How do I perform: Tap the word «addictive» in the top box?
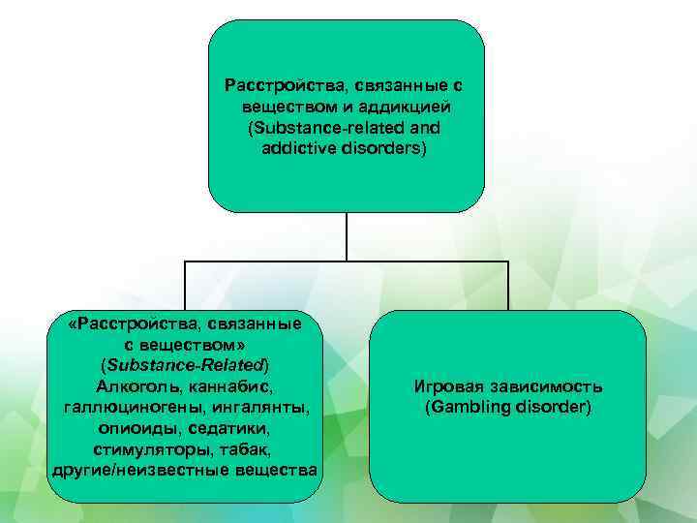click(x=294, y=149)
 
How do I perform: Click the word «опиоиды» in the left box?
click(x=136, y=428)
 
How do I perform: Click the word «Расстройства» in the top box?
click(x=276, y=84)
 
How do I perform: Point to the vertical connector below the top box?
click(x=346, y=236)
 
